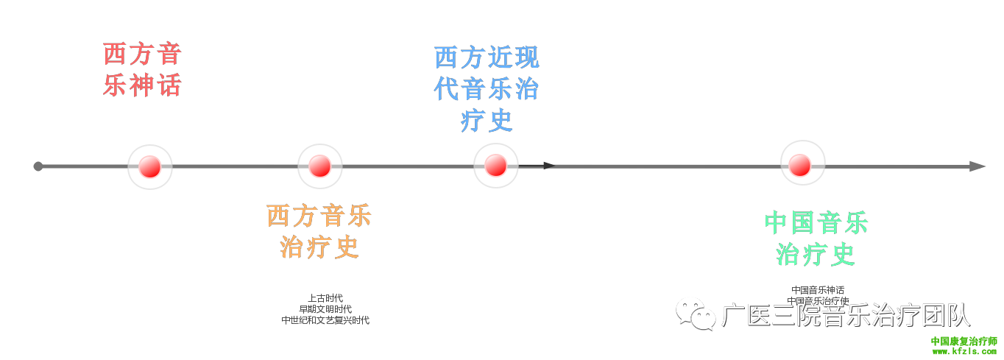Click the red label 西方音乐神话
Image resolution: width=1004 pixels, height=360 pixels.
(142, 70)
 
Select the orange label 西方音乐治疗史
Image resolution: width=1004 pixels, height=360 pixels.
(319, 231)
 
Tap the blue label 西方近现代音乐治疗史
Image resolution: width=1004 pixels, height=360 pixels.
(487, 88)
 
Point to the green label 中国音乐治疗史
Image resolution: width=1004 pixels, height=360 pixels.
(816, 238)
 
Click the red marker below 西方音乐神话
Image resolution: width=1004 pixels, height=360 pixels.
(149, 166)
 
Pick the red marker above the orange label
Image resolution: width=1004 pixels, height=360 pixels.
(319, 166)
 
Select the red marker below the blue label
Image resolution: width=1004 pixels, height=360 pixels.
(495, 165)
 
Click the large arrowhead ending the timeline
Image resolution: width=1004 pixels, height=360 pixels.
(978, 166)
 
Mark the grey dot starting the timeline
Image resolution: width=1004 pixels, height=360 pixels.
(38, 166)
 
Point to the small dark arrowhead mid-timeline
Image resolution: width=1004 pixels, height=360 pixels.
(549, 166)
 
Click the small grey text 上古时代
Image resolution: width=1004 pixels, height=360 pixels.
(325, 298)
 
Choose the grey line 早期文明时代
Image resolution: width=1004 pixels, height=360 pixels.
(325, 309)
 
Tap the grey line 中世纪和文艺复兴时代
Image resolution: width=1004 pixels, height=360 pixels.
(325, 320)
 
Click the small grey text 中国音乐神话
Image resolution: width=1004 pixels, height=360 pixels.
(818, 290)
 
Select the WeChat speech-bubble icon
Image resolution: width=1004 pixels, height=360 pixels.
(696, 314)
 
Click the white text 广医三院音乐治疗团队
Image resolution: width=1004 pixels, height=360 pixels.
(846, 315)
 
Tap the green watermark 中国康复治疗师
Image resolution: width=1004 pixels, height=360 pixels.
(964, 342)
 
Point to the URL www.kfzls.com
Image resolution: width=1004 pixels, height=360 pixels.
(964, 352)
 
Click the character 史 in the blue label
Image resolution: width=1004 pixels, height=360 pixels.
(500, 121)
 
